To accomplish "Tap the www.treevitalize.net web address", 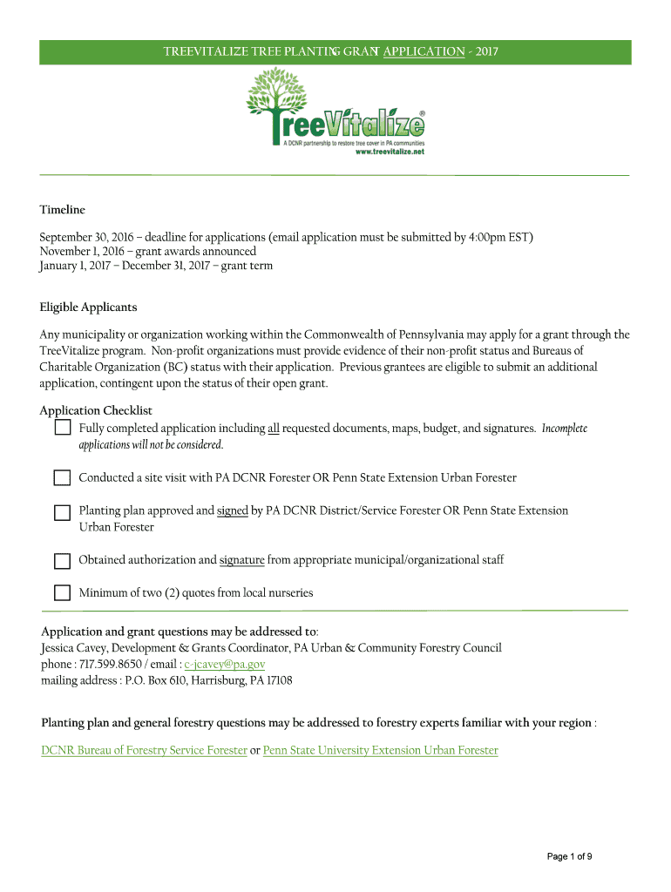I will [x=390, y=151].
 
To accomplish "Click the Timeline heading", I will [x=62, y=210].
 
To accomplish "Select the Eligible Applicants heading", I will [x=88, y=307].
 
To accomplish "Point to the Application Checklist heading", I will [x=96, y=410].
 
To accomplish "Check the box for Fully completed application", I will [x=63, y=429].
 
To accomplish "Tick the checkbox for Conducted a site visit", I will [x=63, y=478].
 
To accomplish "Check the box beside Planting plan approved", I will [x=63, y=511].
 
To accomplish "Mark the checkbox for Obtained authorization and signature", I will [x=63, y=560].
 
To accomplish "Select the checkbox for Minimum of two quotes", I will [x=63, y=593].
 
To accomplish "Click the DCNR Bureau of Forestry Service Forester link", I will [x=144, y=750].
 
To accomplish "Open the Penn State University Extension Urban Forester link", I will [x=380, y=750].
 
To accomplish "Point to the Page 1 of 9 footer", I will [x=570, y=856].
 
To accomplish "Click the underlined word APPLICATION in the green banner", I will [x=424, y=51].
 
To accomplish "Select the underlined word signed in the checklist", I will [x=233, y=510].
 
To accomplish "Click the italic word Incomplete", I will [x=565, y=429].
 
